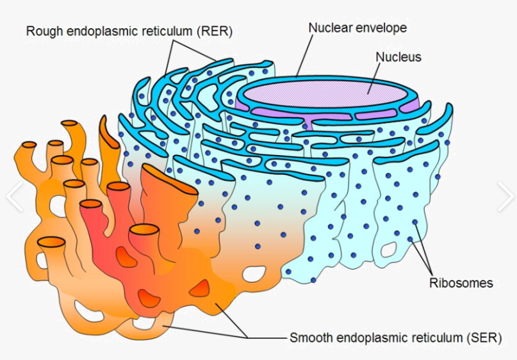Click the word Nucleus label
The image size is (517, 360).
(x=398, y=57)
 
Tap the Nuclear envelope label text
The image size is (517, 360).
(x=357, y=28)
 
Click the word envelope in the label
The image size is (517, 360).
(x=383, y=28)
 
